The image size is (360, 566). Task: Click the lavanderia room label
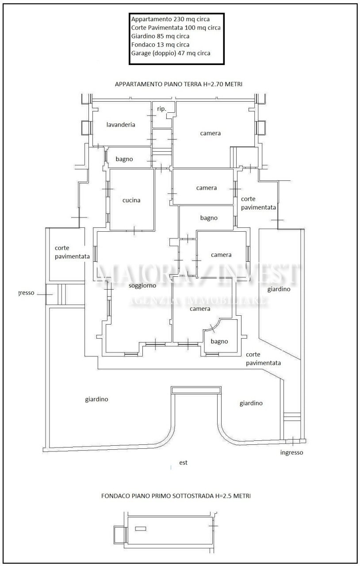tap(121, 125)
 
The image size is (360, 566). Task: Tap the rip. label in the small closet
tap(161, 108)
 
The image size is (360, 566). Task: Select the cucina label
tap(131, 200)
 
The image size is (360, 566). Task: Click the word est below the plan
tap(183, 463)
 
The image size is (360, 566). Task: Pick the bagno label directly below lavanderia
tap(124, 159)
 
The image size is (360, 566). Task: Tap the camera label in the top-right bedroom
tap(210, 133)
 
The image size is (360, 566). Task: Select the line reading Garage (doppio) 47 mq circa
tap(170, 53)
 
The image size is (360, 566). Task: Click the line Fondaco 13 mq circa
tap(160, 45)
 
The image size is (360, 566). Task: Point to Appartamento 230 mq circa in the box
tap(170, 19)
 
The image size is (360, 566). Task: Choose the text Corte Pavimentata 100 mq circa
tap(176, 28)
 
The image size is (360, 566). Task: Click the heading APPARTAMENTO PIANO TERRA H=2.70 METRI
tap(178, 84)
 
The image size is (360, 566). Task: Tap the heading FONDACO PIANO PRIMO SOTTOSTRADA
tap(176, 496)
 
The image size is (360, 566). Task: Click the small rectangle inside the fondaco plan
tap(140, 528)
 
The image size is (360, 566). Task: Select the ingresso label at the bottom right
tap(291, 452)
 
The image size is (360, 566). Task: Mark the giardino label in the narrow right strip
tap(279, 289)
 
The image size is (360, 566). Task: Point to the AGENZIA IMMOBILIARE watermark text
tap(197, 302)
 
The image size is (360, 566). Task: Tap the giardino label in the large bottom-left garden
tap(96, 399)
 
